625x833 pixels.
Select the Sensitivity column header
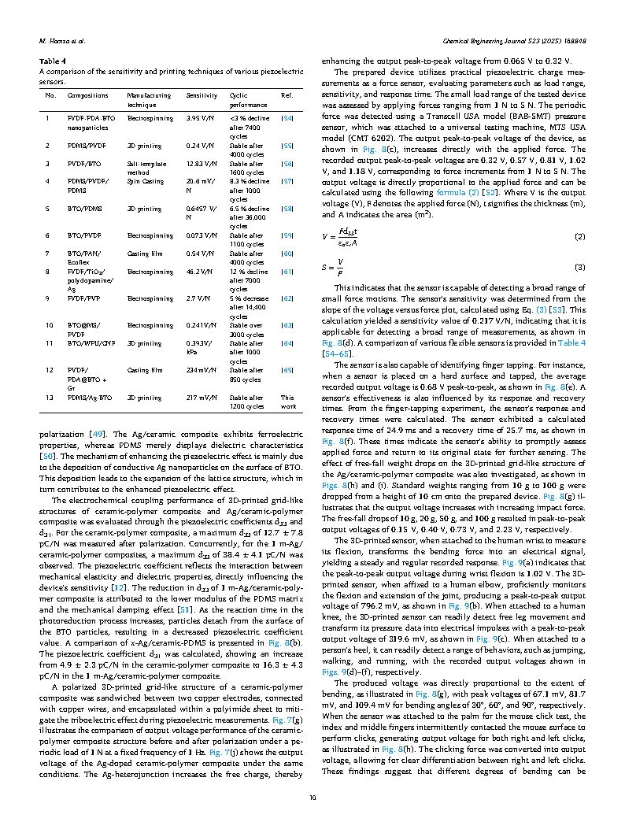tap(202, 95)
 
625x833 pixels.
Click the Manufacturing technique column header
tap(149, 99)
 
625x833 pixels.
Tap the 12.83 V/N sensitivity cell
tap(203, 164)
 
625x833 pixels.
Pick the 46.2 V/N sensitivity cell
tap(201, 271)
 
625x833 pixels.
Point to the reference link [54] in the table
tap(287, 117)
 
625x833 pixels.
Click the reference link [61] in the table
tap(287, 271)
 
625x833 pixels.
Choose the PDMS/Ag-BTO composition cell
tap(90, 398)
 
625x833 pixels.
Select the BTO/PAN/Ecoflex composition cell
tap(83, 257)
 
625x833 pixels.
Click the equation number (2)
tap(579, 237)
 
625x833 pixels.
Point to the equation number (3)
tap(579, 268)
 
